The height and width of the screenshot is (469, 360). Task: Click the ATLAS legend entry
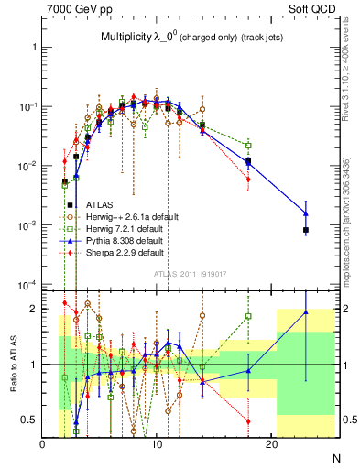click(x=100, y=204)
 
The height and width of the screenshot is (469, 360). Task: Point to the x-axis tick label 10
click(x=157, y=445)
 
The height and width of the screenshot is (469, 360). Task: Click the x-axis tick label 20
click(x=271, y=445)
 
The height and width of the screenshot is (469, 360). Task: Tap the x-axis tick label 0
click(x=42, y=445)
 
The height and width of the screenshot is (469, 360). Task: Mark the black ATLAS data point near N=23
click(x=306, y=230)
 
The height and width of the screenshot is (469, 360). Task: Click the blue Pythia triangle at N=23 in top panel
click(x=306, y=213)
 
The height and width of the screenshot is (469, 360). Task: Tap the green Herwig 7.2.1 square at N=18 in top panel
click(x=248, y=145)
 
